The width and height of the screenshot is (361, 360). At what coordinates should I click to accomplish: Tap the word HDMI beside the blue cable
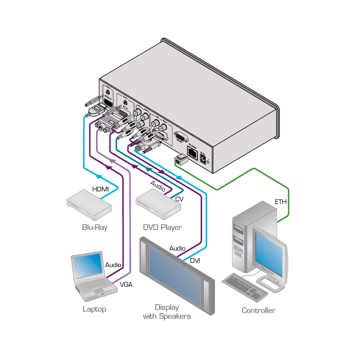[101, 189]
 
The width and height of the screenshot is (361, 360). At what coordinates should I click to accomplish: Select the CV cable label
[179, 199]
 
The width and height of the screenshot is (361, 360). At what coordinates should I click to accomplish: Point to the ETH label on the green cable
[280, 202]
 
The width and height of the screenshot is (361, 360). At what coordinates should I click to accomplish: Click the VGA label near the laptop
[126, 284]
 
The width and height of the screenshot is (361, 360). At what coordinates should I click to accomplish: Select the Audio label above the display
[177, 248]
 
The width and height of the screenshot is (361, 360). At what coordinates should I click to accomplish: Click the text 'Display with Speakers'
[167, 312]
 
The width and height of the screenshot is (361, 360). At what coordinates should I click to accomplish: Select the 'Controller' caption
[258, 311]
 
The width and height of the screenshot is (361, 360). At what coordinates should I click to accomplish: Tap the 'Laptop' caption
[94, 308]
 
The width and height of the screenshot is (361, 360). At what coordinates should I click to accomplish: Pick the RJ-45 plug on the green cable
[179, 159]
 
